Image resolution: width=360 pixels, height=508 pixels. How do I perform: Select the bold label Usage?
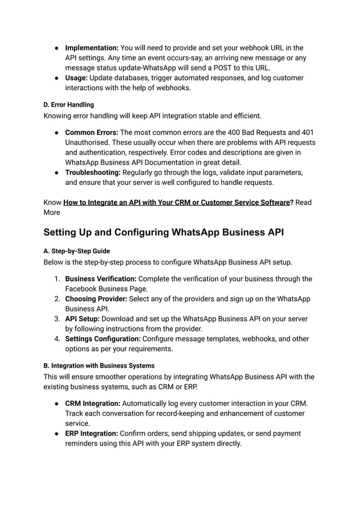tap(77, 78)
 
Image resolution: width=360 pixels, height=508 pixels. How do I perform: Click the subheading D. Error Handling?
tap(69, 105)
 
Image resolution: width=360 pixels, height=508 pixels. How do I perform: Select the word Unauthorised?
tap(89, 142)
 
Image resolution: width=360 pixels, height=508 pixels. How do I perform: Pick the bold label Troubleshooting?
tap(93, 173)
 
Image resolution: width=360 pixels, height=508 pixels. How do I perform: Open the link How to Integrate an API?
tap(176, 202)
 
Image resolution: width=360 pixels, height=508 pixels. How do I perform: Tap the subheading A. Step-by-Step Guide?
tap(77, 251)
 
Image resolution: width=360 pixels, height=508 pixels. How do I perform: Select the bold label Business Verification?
tap(100, 279)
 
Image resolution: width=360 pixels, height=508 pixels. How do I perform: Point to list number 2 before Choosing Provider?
tap(57, 299)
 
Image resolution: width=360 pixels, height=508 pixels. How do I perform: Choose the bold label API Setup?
tap(83, 319)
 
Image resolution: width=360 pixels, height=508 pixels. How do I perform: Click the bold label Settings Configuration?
tap(103, 339)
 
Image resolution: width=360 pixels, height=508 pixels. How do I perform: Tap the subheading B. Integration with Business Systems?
tap(99, 365)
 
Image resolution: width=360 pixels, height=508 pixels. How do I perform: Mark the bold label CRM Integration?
tap(92, 403)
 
